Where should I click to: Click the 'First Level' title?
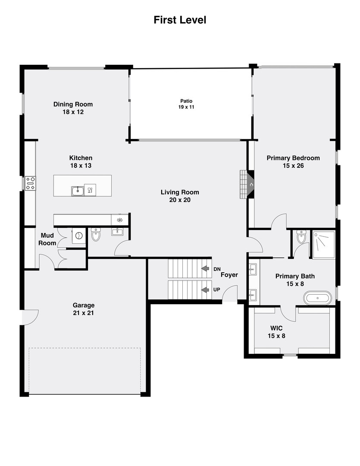coord(180,20)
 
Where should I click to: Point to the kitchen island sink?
coord(78,190)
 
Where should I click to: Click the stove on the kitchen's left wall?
coord(30,183)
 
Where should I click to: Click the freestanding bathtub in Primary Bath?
coord(318,298)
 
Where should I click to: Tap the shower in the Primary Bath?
coord(323,244)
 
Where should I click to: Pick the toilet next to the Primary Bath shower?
coord(301,237)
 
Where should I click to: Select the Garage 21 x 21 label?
coord(84,309)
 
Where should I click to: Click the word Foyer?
coord(229,275)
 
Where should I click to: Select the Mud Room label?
coord(48,239)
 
